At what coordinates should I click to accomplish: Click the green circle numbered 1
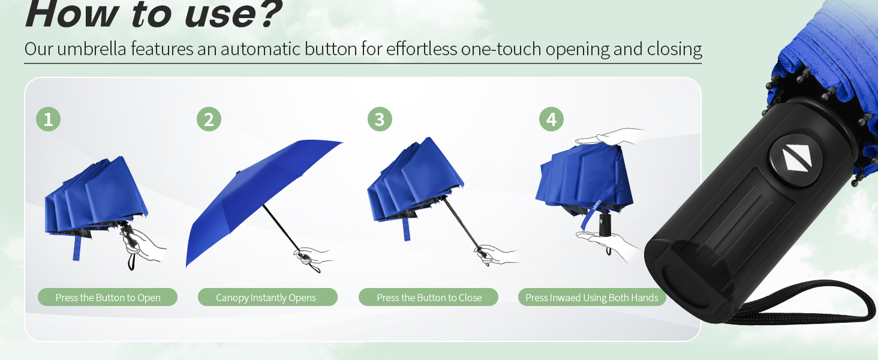pos(48,119)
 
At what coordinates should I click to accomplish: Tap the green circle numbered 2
pos(209,119)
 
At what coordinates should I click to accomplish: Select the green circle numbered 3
pos(380,119)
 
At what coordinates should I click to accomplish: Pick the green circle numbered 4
pos(551,119)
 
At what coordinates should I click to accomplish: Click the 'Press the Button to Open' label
pos(108,298)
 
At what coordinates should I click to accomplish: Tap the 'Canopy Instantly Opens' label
pos(266,298)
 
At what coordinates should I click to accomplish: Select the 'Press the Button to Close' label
pos(429,298)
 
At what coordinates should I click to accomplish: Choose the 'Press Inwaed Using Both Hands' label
pos(592,298)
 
